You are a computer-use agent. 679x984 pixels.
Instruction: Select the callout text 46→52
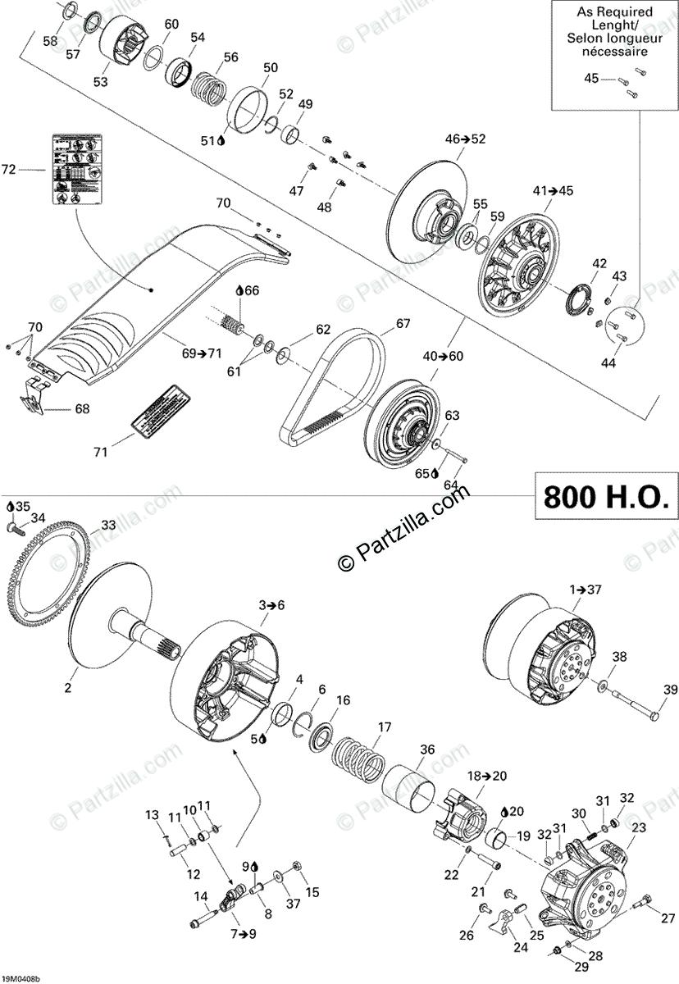coord(466,139)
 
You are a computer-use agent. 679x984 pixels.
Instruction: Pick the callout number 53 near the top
coord(100,81)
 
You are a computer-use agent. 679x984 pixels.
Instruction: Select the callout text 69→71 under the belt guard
coord(202,353)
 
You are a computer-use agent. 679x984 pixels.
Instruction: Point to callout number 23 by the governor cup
coord(638,828)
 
